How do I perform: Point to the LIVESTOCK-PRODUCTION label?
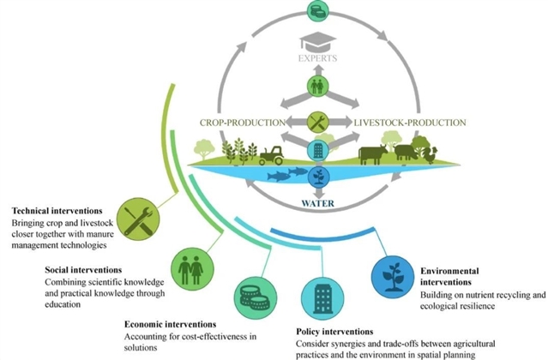(411, 123)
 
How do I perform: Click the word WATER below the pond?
(316, 205)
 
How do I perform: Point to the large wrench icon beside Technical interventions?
(138, 218)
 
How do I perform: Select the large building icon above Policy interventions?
(322, 296)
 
